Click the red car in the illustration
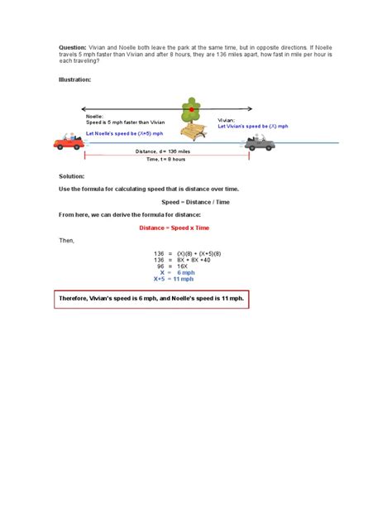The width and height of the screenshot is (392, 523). point(69,142)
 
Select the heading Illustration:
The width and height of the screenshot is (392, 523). point(75,80)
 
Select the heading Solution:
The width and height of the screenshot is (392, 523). point(71,177)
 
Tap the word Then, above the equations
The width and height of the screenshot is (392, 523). point(66,240)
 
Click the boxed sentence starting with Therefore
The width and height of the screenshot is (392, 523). point(151,298)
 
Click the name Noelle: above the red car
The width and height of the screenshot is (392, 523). point(95,117)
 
